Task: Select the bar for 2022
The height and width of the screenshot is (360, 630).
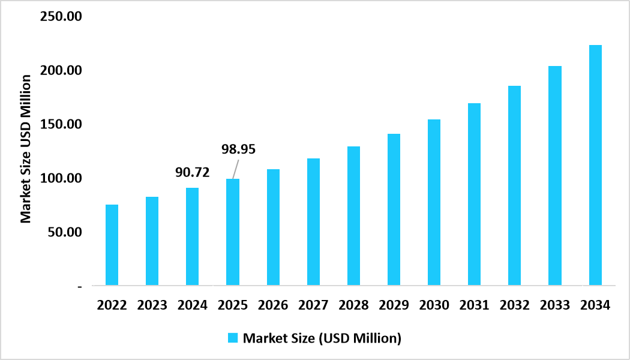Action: (x=112, y=245)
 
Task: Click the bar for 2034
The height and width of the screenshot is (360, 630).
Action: (x=595, y=165)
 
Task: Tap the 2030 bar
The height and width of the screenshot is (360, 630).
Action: (x=434, y=202)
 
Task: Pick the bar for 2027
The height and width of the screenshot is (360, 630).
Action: (x=313, y=221)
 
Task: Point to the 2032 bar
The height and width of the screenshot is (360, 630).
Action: (x=514, y=185)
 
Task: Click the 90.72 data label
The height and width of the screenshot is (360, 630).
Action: (x=192, y=173)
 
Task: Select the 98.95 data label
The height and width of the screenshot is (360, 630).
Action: (x=239, y=149)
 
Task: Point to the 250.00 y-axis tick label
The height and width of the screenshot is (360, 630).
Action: (x=61, y=17)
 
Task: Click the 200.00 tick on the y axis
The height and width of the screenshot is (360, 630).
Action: (x=61, y=71)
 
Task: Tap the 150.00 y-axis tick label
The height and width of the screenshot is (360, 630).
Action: (x=61, y=125)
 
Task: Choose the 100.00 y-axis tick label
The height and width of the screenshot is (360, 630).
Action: (x=61, y=179)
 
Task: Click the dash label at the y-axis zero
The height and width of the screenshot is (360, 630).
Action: (x=79, y=286)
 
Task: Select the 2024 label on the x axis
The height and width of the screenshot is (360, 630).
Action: (x=192, y=305)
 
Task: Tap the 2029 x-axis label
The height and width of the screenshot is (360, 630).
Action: (x=394, y=305)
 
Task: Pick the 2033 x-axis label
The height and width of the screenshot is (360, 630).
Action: (x=555, y=305)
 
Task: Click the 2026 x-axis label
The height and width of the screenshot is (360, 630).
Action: (x=273, y=305)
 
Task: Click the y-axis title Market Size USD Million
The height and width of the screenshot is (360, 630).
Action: (x=26, y=149)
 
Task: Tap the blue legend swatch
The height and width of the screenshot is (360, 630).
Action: (x=233, y=338)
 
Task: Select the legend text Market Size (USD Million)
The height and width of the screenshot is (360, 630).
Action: (x=322, y=338)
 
